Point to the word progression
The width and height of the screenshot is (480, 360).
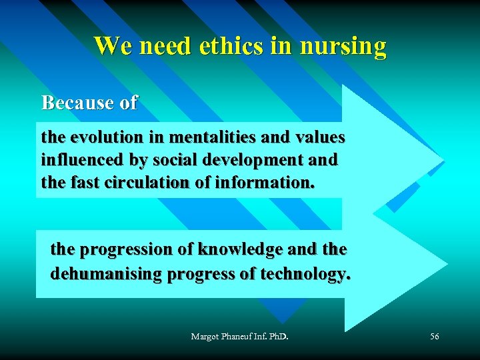131,249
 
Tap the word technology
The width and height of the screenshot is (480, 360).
305,274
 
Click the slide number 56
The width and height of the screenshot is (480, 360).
434,337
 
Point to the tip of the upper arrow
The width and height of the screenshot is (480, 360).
443,161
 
